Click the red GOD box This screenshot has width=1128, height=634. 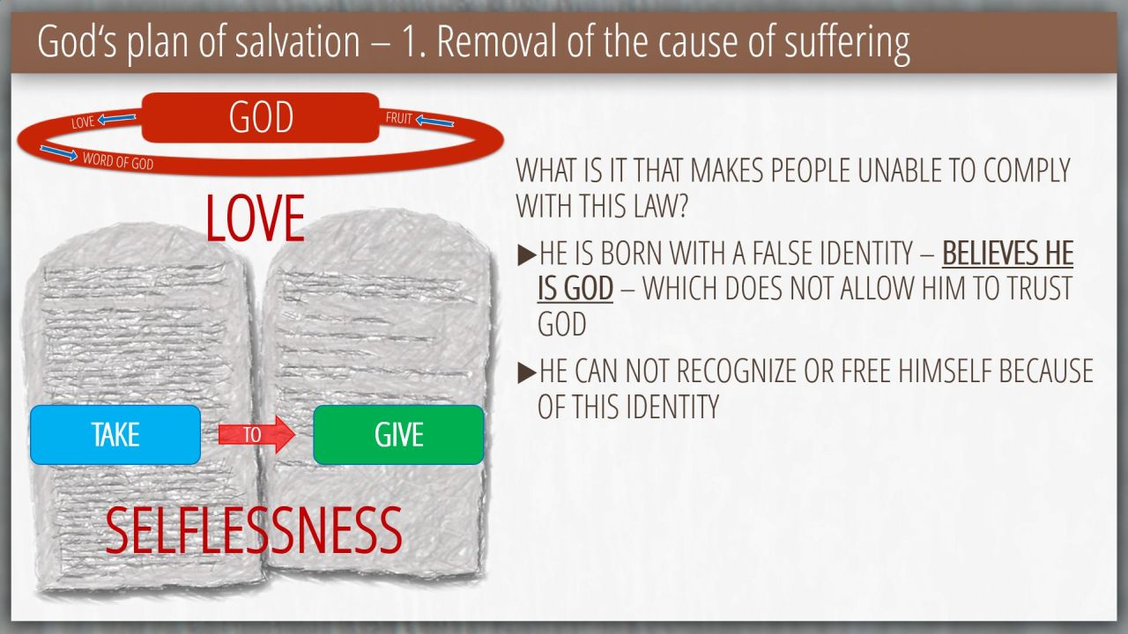[260, 117]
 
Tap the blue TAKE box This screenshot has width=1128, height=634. [115, 435]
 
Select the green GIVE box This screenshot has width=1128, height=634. [398, 435]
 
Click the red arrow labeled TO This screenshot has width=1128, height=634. [256, 434]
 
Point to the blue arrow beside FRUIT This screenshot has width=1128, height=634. [434, 122]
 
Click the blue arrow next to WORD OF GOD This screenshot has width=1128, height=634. [58, 152]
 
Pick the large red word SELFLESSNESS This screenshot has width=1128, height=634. [254, 530]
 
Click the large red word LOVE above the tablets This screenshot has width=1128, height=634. [255, 218]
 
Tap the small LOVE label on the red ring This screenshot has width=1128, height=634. [83, 122]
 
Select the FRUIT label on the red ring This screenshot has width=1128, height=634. [399, 118]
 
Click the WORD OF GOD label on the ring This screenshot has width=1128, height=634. [118, 161]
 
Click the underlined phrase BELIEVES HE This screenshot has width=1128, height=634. [1007, 253]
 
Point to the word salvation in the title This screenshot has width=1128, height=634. [298, 41]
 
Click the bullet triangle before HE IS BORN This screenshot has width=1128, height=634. [527, 255]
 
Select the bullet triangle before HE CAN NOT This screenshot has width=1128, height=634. [527, 372]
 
